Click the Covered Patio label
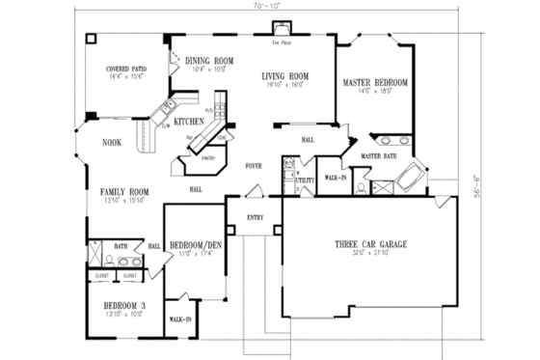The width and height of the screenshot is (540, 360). [x=126, y=69]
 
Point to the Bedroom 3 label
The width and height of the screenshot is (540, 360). [x=125, y=306]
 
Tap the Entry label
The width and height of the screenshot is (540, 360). [x=255, y=217]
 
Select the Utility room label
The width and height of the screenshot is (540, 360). [x=303, y=180]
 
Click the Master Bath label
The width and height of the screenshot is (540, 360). [x=378, y=155]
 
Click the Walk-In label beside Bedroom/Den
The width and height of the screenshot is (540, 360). [x=180, y=318]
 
